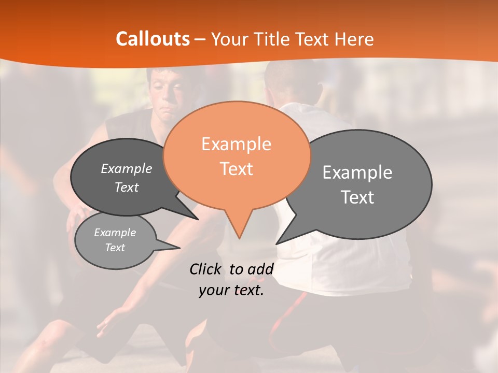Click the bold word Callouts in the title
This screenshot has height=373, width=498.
[x=153, y=39]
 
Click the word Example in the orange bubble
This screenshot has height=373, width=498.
[x=236, y=144]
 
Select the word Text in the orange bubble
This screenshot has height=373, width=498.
[x=236, y=169]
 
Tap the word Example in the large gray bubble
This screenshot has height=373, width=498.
[x=357, y=173]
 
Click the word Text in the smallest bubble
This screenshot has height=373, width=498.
[x=115, y=248]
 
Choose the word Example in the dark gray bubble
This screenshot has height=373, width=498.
[x=126, y=168]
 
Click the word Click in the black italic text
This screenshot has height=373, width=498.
[x=206, y=269]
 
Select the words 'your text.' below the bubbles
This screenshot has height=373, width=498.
[x=231, y=291]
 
